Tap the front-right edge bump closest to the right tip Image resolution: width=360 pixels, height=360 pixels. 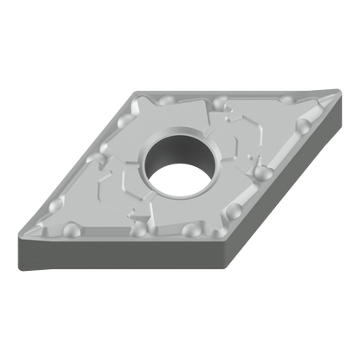point(305,128)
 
